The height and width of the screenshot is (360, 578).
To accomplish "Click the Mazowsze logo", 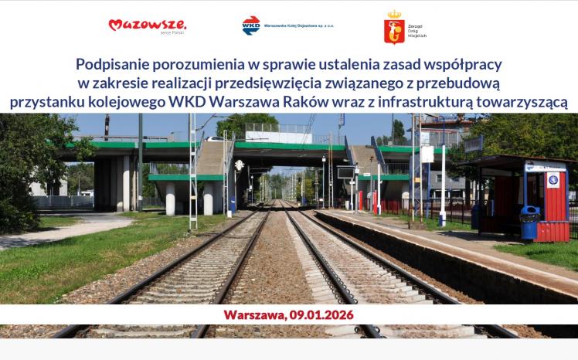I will point(147,25).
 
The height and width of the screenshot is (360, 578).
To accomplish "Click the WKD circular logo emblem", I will point(250,25).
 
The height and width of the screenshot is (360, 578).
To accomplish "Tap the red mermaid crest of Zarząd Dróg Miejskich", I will point(394,28).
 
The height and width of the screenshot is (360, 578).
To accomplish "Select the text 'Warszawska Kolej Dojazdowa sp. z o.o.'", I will point(298,25).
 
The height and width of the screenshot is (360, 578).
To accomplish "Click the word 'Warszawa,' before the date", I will point(253,314).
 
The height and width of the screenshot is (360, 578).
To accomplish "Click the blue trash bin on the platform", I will point(529,222).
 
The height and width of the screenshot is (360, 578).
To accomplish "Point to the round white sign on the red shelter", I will point(553,181).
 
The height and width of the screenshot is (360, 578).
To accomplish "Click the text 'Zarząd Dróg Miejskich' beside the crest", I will point(417,29).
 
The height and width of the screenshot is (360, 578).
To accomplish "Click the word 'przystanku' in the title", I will point(46,101).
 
